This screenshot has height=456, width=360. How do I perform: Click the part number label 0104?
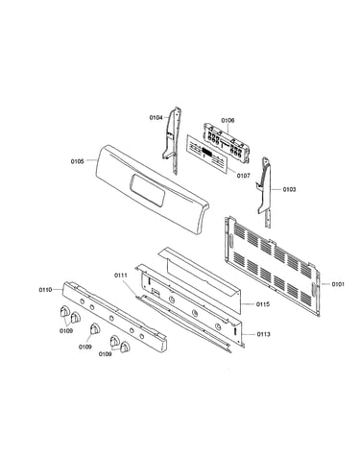click(x=156, y=118)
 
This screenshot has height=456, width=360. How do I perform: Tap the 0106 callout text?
click(x=228, y=120)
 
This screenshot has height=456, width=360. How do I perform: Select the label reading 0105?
click(x=78, y=161)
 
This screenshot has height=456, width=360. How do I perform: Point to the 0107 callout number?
click(x=244, y=176)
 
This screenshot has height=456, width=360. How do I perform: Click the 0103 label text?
click(x=289, y=189)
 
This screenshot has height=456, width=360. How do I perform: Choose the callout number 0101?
click(x=338, y=284)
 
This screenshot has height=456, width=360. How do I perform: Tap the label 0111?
click(x=121, y=276)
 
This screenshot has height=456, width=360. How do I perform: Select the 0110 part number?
click(x=45, y=290)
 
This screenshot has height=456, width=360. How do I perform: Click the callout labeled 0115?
click(x=263, y=304)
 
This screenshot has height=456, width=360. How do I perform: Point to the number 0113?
click(x=263, y=334)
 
